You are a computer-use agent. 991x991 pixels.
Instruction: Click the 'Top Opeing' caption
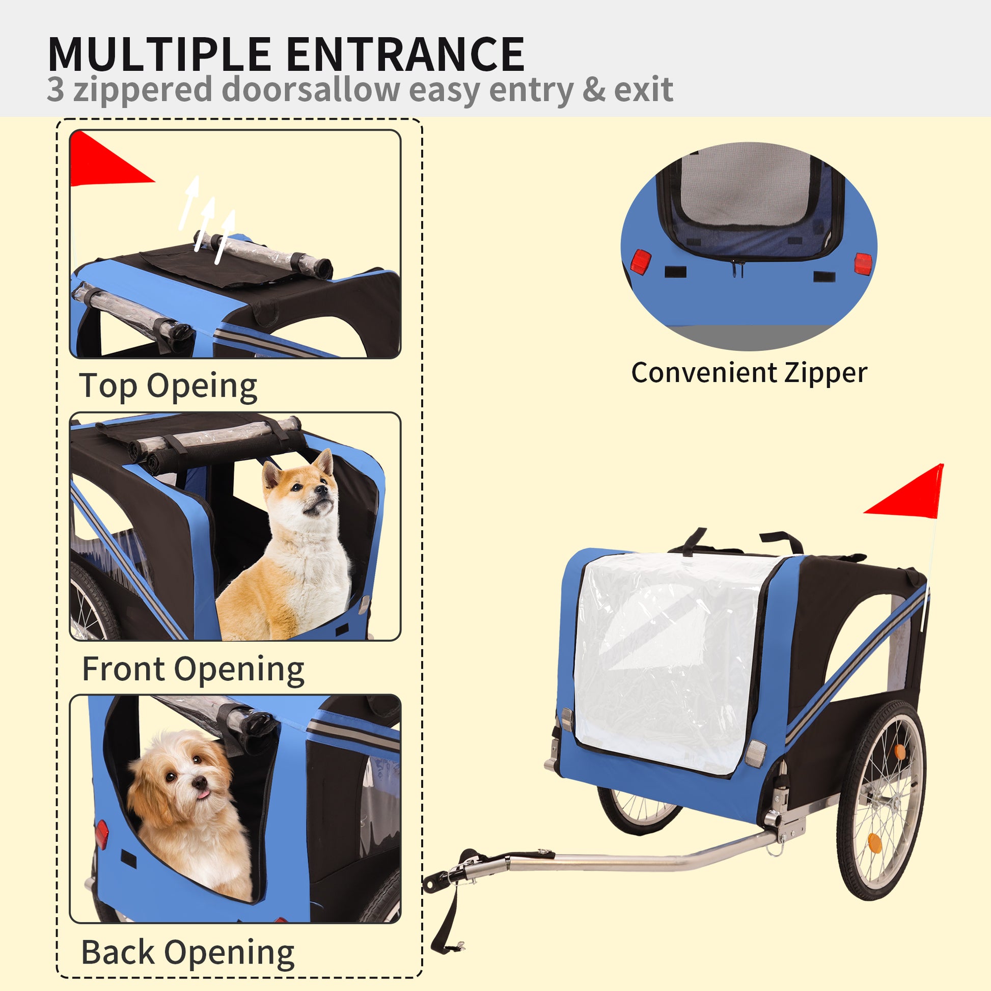(x=168, y=386)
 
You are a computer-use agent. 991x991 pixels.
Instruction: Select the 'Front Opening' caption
(x=193, y=669)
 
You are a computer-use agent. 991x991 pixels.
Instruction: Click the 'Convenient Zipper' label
(x=749, y=373)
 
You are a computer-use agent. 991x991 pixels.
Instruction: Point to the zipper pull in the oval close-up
(x=737, y=268)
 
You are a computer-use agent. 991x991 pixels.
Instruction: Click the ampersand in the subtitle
(x=594, y=90)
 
